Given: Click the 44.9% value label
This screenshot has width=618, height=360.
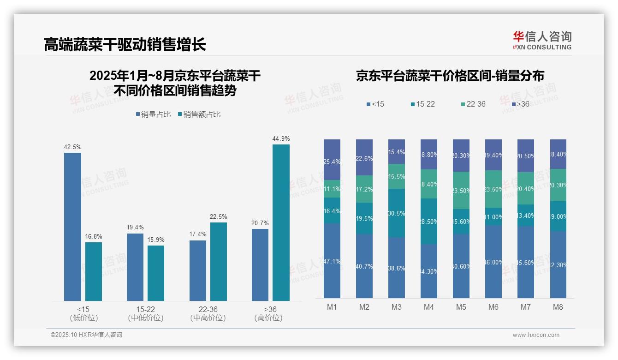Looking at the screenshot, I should click(281, 138).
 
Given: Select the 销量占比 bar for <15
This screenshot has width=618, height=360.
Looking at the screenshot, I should click(72, 227).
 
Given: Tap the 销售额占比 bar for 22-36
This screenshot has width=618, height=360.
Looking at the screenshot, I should click(219, 261).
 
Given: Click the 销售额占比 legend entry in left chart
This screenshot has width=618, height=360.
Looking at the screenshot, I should click(199, 114).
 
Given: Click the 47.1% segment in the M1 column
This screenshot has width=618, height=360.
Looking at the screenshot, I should click(332, 261).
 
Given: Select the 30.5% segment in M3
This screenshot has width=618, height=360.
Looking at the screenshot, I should click(396, 213).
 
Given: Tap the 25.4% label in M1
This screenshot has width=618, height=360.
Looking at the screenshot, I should click(332, 162).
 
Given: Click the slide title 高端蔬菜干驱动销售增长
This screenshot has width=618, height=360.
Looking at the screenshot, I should click(125, 44).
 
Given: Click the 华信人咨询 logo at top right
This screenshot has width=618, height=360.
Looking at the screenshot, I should click(542, 40).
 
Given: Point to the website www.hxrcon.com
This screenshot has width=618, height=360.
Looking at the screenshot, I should click(535, 335).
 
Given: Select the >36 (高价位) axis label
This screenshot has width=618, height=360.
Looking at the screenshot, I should click(268, 313).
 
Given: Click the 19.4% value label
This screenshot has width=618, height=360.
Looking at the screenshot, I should click(135, 227).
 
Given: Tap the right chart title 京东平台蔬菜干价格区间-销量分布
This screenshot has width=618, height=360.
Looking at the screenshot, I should click(450, 76).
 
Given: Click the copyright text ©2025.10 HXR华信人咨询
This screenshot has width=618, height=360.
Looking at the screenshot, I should click(86, 335).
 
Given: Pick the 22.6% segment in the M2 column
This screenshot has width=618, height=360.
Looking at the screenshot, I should click(364, 158).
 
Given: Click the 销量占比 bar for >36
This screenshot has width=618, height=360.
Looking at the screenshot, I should click(260, 264).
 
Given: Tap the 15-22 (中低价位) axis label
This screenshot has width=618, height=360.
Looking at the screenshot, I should click(146, 313).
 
